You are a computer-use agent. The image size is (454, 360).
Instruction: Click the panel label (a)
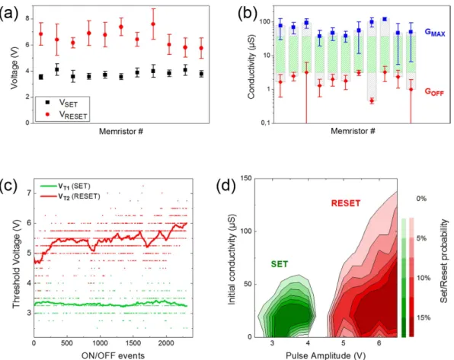pyautogui.click(x=9, y=13)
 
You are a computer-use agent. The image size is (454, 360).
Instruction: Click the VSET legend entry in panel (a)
pyautogui.click(x=62, y=103)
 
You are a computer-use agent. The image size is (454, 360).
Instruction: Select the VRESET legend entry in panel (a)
pyautogui.click(x=66, y=115)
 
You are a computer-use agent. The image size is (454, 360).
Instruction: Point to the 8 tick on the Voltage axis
pyautogui.click(x=27, y=18)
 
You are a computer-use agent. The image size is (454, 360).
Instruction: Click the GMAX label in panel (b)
pyautogui.click(x=435, y=32)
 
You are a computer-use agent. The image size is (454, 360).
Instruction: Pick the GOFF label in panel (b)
pyautogui.click(x=434, y=92)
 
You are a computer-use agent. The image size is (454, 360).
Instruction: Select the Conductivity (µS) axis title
pyautogui.click(x=251, y=67)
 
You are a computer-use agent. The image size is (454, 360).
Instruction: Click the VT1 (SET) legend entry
pyautogui.click(x=66, y=186)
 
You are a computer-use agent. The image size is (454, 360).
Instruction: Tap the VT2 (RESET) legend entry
pyautogui.click(x=70, y=196)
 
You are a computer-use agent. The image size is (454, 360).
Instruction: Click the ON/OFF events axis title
pyautogui.click(x=113, y=355)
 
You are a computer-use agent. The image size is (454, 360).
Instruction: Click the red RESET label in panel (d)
pyautogui.click(x=346, y=203)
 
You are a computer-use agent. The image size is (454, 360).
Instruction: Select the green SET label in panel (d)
pyautogui.click(x=280, y=264)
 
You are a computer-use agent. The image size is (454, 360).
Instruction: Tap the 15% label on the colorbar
pyautogui.click(x=424, y=317)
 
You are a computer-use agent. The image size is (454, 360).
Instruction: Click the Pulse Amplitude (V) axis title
pyautogui.click(x=325, y=355)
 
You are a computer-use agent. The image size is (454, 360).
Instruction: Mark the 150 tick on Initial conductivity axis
pyautogui.click(x=246, y=179)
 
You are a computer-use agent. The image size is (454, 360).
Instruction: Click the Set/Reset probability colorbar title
pyautogui.click(x=444, y=261)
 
